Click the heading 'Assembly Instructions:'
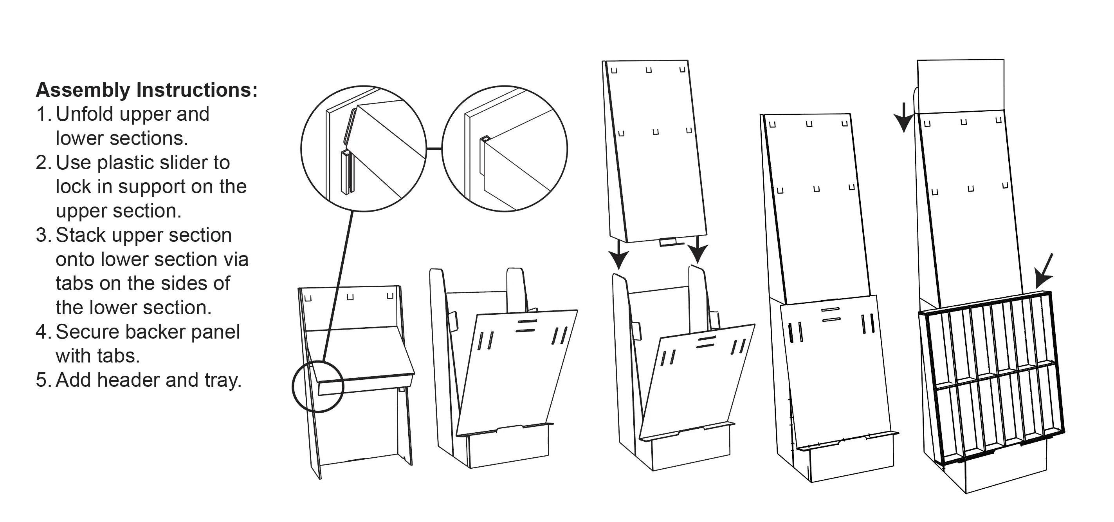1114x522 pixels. pyautogui.click(x=147, y=90)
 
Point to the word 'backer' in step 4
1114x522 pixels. pyautogui.click(x=152, y=332)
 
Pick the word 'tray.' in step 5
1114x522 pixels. pyautogui.click(x=223, y=381)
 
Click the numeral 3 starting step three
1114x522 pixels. pyautogui.click(x=42, y=235)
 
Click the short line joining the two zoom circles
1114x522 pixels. pyautogui.click(x=434, y=149)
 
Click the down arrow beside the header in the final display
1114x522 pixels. pyautogui.click(x=903, y=117)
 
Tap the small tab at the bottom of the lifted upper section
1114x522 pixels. pyautogui.click(x=669, y=241)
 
